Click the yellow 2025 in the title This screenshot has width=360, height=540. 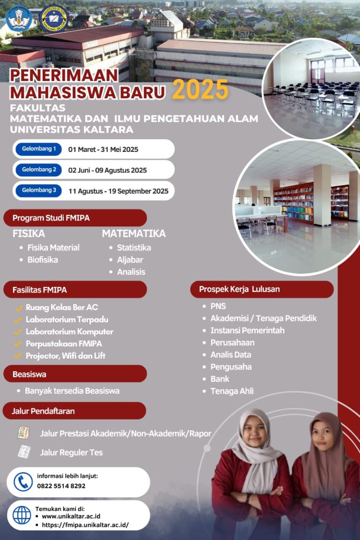pos(200,90)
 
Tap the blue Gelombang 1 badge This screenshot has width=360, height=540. pos(38,149)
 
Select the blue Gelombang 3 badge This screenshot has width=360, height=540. pos(38,190)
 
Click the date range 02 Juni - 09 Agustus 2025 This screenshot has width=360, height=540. pos(107,170)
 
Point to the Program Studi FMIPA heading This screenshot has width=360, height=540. pos(51,217)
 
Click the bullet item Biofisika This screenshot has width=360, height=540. pos(43,260)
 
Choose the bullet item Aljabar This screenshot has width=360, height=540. pos(130,260)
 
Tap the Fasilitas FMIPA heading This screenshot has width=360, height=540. pos(40,290)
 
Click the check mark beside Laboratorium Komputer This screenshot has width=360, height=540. pos(18,332)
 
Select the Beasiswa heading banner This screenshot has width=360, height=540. pos(75,374)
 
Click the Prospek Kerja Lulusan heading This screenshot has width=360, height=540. pos(240,289)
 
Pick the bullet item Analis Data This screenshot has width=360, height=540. pos(231,355)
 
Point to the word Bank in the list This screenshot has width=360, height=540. pos(220,379)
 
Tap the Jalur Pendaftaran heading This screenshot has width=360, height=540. pos(43,411)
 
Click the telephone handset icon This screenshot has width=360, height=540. pos(23,482)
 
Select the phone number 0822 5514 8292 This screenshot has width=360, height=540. pos(61,486)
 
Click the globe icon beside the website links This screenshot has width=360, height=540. pos(22,515)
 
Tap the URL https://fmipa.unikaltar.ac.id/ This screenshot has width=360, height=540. pos(85,525)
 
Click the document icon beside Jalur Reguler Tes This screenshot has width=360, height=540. pos(24,452)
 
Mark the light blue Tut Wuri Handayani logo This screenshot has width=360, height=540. pos(19,19)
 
